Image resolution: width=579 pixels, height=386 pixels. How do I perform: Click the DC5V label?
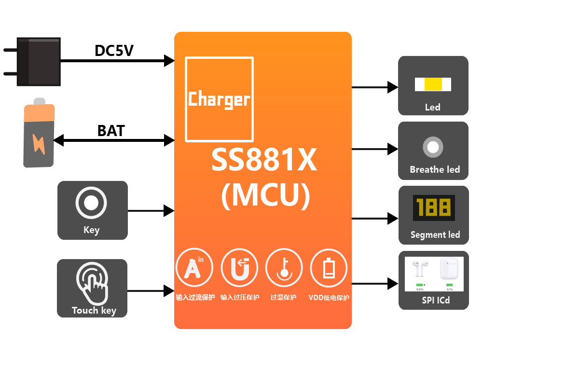[114, 51]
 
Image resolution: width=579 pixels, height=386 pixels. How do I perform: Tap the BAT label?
[111, 131]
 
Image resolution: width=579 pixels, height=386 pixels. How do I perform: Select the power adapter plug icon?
[38, 62]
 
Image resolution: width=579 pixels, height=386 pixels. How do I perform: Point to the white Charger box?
[220, 99]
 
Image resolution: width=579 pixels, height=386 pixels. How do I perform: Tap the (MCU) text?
[265, 195]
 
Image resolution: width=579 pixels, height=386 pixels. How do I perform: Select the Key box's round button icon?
[91, 203]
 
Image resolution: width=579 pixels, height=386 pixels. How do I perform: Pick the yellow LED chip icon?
[433, 84]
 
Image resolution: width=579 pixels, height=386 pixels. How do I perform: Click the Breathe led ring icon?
[433, 147]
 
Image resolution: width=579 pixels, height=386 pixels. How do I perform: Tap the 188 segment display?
[434, 208]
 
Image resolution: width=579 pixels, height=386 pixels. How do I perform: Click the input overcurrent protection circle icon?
[194, 267]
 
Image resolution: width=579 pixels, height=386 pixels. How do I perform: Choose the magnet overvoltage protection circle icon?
[239, 267]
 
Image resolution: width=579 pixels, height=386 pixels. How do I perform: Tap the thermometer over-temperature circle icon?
[284, 267]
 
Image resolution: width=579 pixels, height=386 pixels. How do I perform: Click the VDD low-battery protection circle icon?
[329, 267]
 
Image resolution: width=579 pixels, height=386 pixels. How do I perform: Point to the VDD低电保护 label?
[329, 298]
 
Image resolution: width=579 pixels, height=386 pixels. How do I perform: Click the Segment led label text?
[435, 235]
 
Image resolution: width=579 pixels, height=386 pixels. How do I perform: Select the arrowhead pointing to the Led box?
[393, 87]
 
